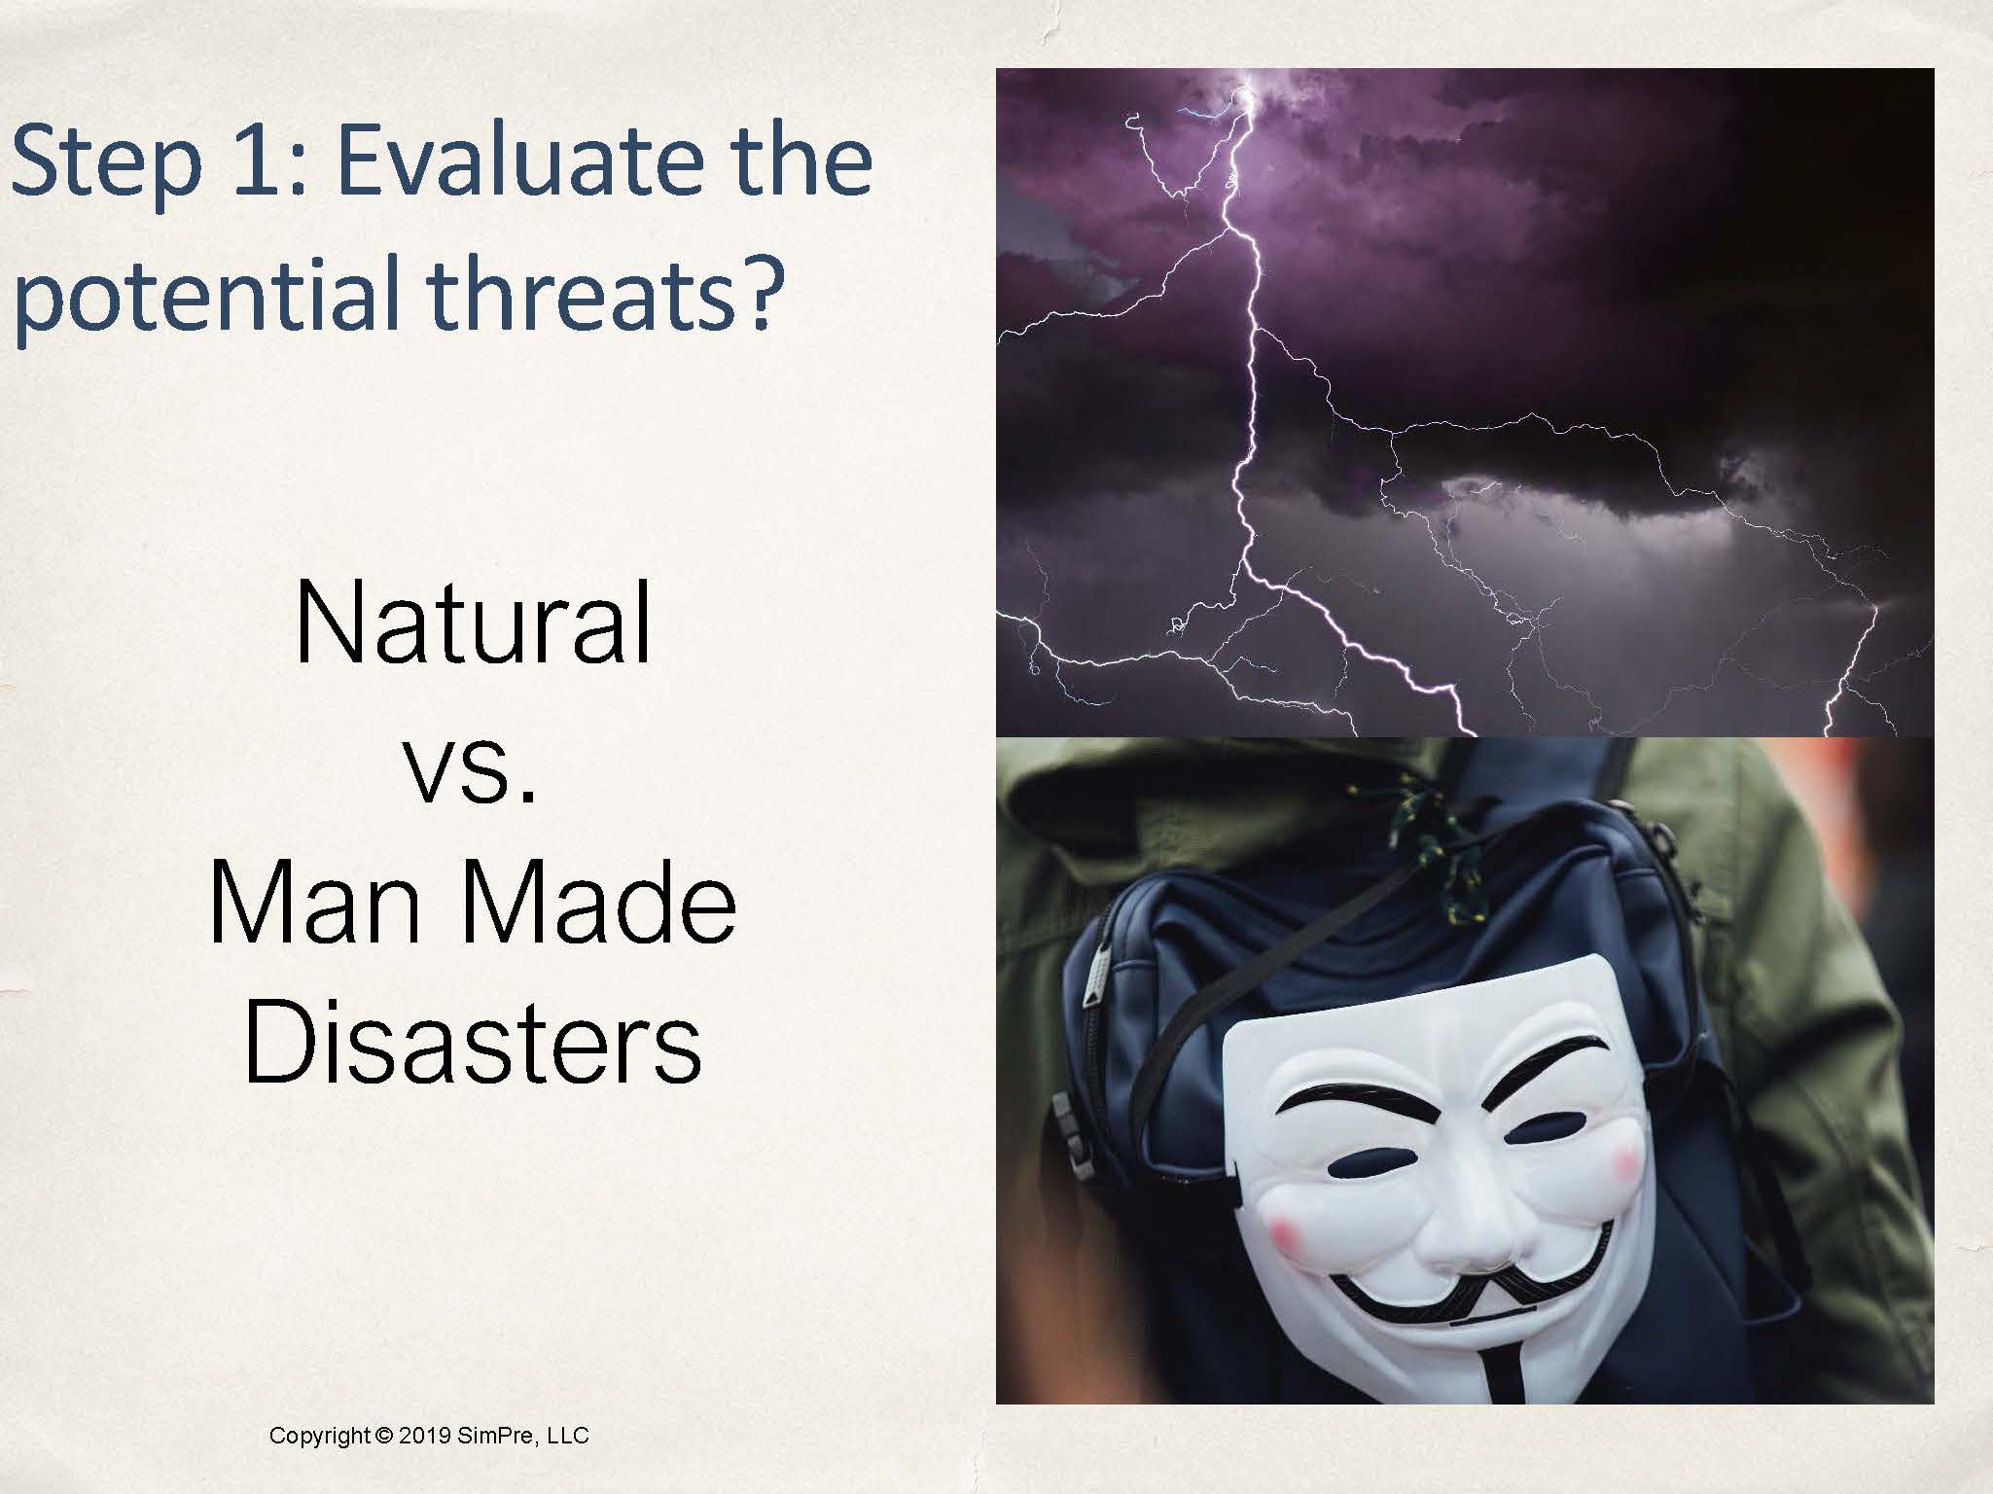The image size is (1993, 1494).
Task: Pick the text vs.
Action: [473, 774]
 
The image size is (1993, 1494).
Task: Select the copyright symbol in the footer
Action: [382, 1435]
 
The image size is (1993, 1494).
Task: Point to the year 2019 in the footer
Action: [423, 1435]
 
